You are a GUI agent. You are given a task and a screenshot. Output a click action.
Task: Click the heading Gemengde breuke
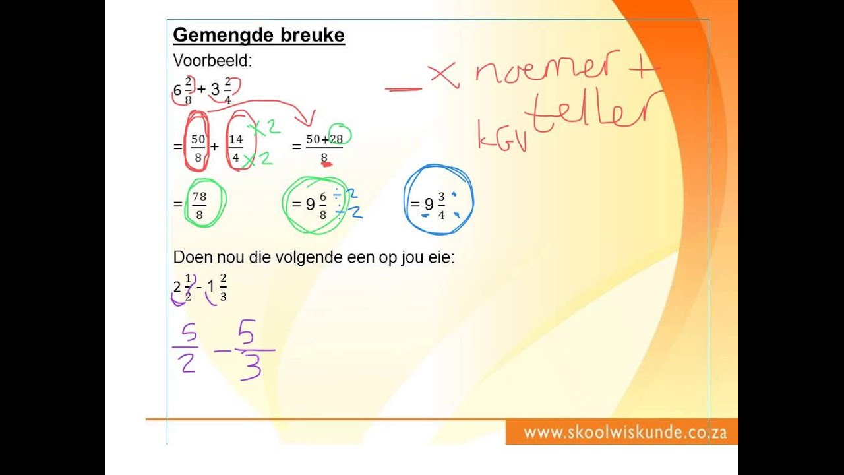(258, 35)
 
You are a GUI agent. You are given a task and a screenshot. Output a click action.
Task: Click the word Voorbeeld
(212, 61)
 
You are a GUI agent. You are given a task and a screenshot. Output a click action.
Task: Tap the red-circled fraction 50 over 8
(198, 148)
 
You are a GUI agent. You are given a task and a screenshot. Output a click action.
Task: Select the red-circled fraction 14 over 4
(236, 148)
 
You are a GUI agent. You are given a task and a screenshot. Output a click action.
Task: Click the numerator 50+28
(324, 139)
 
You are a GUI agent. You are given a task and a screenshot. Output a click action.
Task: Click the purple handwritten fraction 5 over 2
(186, 350)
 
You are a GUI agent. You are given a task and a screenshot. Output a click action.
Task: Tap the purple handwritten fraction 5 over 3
(250, 350)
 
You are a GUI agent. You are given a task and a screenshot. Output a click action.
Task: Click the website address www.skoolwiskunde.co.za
(625, 433)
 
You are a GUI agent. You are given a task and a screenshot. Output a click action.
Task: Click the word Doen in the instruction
(190, 257)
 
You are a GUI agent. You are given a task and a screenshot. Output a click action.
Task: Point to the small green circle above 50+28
(340, 134)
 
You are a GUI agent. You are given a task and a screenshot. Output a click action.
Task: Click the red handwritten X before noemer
(444, 75)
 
